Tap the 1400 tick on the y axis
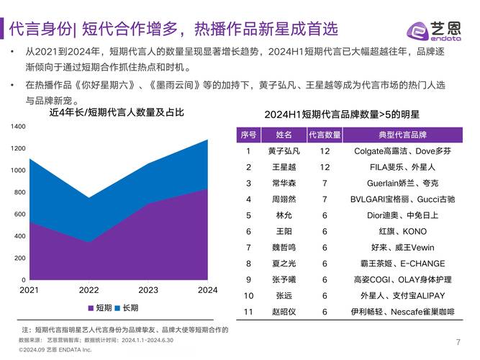point(18,127)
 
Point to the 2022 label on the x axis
point(89,290)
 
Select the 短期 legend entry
point(99,307)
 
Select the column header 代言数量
point(325,135)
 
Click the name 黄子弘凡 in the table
point(284,151)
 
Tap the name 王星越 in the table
point(284,167)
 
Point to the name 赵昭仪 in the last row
point(284,312)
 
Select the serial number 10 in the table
point(248,296)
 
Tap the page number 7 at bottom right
point(458,341)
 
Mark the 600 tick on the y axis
point(20,214)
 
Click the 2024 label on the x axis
point(207,290)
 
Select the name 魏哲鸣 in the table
point(284,248)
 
